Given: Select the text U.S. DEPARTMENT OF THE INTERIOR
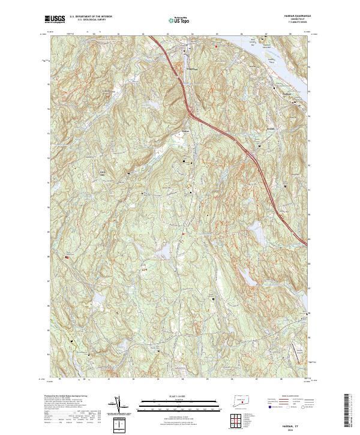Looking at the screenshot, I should [x=91, y=18].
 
